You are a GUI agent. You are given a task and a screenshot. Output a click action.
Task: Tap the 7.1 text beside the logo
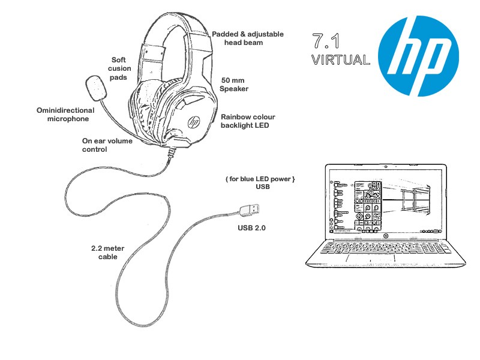tap(328, 41)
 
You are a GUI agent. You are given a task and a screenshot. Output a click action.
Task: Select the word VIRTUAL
tap(341, 60)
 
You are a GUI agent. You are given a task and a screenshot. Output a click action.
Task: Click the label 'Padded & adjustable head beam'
tap(247, 38)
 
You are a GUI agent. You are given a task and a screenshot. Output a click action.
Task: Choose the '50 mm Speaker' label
tap(235, 85)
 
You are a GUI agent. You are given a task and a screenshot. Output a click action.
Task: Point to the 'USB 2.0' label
tap(251, 229)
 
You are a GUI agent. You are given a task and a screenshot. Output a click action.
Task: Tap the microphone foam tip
tap(95, 87)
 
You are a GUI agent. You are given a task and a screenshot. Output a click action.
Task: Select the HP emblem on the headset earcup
tap(194, 121)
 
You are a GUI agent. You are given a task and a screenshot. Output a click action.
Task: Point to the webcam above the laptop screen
tap(384, 167)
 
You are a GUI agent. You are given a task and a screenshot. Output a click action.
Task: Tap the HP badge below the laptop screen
tap(384, 235)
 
